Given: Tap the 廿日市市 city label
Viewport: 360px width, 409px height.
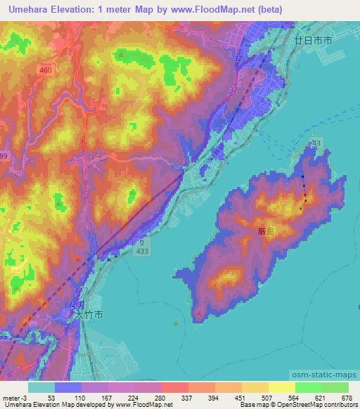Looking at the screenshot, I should tap(313, 42).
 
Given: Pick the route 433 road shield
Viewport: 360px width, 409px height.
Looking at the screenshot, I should tap(144, 252).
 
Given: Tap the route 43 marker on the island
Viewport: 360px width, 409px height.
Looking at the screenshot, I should tap(316, 143).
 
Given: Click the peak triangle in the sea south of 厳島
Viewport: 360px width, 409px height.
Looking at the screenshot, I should tap(175, 323).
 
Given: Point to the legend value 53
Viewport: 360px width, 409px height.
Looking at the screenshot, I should tap(51, 397).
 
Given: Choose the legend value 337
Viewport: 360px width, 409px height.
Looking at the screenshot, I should tap(187, 397).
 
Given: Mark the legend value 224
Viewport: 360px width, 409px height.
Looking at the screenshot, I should tap(133, 397).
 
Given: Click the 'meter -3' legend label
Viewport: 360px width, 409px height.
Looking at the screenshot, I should tap(15, 397).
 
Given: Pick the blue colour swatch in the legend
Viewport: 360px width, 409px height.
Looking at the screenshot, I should tap(67, 387).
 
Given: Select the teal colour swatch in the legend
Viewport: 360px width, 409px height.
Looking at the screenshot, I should tap(41, 387).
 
